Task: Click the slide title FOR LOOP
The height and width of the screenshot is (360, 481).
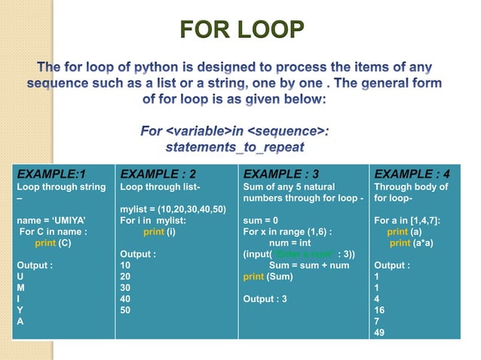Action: tap(242, 31)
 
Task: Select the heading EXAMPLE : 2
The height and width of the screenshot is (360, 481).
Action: tap(158, 172)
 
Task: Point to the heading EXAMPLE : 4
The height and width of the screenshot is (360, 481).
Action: tap(412, 172)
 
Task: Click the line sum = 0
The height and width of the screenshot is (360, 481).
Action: tap(260, 221)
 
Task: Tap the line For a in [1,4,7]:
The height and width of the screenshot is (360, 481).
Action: tap(407, 221)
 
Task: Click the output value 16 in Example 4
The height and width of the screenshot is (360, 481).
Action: tap(378, 310)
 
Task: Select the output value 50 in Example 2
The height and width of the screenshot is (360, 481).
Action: tap(126, 310)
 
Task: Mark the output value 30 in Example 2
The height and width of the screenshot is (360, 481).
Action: tap(126, 288)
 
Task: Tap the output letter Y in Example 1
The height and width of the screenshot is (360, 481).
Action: tap(20, 310)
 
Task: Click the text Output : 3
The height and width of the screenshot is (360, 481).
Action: tap(265, 299)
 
